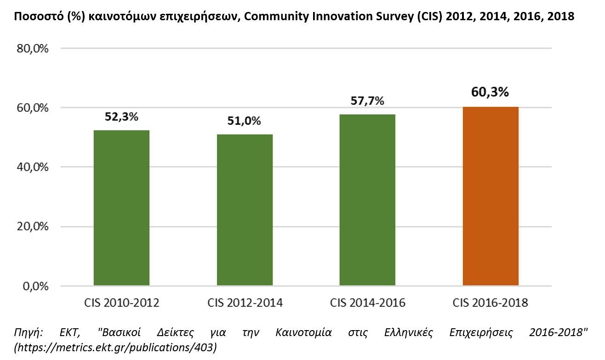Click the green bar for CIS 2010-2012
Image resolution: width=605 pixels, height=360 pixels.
121,208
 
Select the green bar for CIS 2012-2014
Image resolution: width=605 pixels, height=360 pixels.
245,210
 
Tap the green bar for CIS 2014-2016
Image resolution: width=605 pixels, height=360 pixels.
367,200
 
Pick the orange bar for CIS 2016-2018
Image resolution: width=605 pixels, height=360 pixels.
491,196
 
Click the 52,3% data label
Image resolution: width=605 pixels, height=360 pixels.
121,117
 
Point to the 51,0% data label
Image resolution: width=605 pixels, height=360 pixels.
245,121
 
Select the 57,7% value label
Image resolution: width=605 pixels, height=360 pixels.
367,101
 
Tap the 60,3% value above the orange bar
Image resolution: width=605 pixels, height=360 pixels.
491,92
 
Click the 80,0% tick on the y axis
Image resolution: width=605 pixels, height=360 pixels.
32,48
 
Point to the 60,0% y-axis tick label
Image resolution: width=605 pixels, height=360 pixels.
32,108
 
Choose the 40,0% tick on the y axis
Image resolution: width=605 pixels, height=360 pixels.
32,167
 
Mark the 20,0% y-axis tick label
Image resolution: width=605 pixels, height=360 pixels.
32,227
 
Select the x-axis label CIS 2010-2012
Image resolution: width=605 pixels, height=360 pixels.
121,303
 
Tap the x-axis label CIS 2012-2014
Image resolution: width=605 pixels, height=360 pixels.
245,303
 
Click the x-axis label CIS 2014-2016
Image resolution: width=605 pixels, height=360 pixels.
367,303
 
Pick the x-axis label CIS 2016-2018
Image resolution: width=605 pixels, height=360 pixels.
491,303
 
